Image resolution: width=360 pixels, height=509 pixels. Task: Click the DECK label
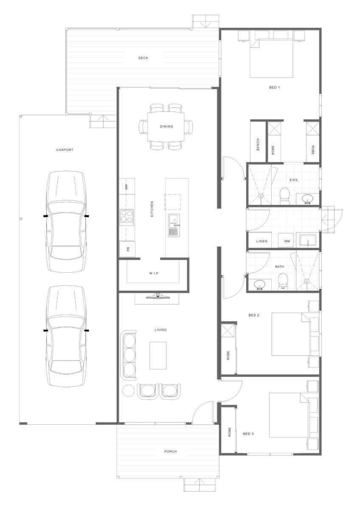click(143, 58)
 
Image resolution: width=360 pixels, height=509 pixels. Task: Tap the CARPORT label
click(65, 150)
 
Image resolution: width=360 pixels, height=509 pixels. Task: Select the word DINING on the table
click(166, 126)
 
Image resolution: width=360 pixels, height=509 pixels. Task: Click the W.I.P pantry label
click(154, 273)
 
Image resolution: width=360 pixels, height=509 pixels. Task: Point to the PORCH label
click(171, 451)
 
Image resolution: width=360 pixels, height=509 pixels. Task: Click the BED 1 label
click(275, 87)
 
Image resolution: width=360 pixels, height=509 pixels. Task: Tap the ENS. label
click(294, 180)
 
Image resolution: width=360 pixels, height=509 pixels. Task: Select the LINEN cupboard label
click(262, 241)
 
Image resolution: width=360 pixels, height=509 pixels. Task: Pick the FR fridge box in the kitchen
click(127, 249)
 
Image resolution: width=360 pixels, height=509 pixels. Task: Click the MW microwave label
click(127, 187)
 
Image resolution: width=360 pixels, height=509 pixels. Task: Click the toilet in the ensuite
click(284, 196)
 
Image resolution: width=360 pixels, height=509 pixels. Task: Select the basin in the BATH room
click(259, 285)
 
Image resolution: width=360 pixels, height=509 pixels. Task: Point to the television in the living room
click(157, 296)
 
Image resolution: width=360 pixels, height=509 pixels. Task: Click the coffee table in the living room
click(158, 355)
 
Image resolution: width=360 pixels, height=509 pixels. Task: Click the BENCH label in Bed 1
click(258, 145)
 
